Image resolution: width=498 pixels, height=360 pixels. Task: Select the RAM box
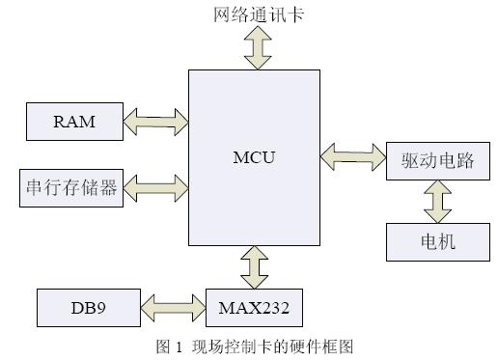click(73, 121)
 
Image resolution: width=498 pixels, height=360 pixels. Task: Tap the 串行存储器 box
click(73, 187)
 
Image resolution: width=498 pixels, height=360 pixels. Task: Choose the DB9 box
click(88, 308)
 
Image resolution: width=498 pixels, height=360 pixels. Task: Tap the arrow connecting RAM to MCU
click(155, 121)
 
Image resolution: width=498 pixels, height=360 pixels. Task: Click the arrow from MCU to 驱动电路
click(354, 152)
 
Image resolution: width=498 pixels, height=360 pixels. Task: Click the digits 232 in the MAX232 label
click(274, 308)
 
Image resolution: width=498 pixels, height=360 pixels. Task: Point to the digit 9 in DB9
click(104, 308)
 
